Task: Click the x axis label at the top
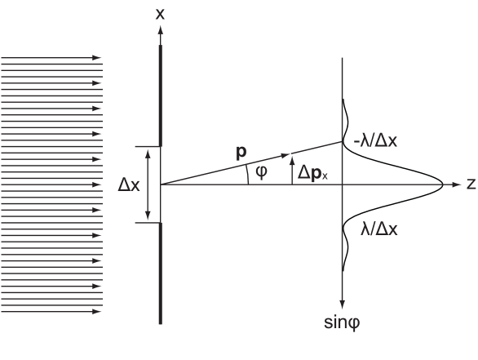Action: pyautogui.click(x=160, y=14)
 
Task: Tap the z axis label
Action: pyautogui.click(x=471, y=184)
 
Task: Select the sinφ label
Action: pyautogui.click(x=342, y=322)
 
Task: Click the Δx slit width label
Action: pyautogui.click(x=129, y=184)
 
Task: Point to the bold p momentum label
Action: pyautogui.click(x=241, y=152)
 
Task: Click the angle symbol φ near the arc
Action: pyautogui.click(x=261, y=173)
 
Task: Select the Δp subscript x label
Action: pyautogui.click(x=312, y=174)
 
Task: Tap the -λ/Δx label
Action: pyautogui.click(x=375, y=141)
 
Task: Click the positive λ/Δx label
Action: pyautogui.click(x=379, y=229)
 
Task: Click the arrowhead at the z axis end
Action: pyautogui.click(x=457, y=184)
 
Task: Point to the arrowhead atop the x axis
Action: pyautogui.click(x=161, y=29)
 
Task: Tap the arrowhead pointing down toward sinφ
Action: pyautogui.click(x=343, y=304)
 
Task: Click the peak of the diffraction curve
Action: pyautogui.click(x=443, y=184)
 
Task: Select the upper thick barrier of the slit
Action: pyautogui.click(x=161, y=96)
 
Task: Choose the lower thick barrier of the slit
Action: pyautogui.click(x=161, y=273)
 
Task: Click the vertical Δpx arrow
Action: pyautogui.click(x=292, y=171)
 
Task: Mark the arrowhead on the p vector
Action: pyautogui.click(x=285, y=155)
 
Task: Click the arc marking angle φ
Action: pyautogui.click(x=248, y=175)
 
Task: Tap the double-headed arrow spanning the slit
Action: pyautogui.click(x=148, y=184)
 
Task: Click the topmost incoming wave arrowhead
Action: pyautogui.click(x=96, y=58)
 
